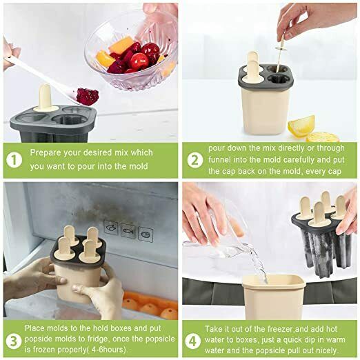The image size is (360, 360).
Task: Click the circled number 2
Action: pos(195,159)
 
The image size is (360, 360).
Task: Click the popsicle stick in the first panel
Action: pos(45,97)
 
